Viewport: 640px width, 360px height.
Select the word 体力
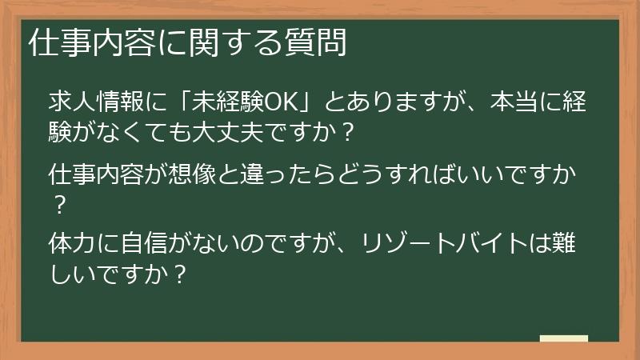(72, 241)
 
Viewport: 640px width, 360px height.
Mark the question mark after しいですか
(181, 274)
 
